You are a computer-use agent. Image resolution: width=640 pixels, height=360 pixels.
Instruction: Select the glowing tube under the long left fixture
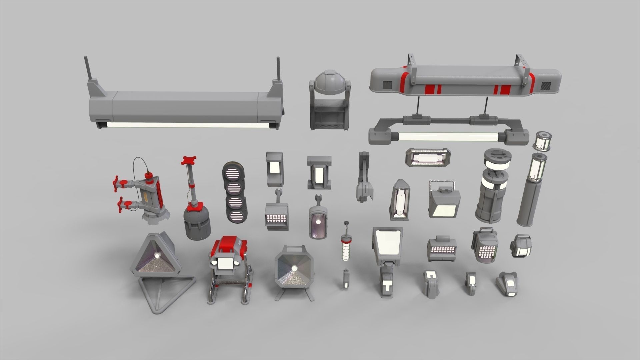coord(187,125)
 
